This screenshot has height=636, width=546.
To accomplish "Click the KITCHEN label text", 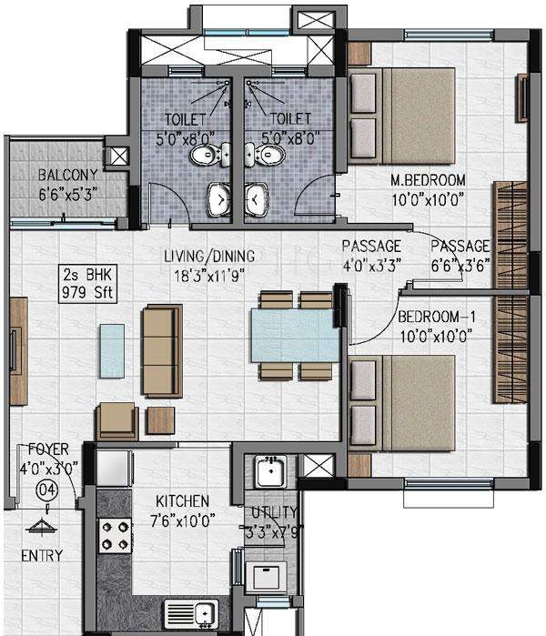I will click(180, 501).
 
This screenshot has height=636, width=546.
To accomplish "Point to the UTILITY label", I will click(268, 514).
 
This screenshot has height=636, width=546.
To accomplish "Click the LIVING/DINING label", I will click(204, 256).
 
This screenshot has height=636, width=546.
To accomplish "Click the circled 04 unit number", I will click(43, 490).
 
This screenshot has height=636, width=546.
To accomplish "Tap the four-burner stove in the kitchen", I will click(116, 534).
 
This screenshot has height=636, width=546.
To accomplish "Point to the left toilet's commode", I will click(205, 156).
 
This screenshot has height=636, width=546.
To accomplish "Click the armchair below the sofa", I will click(117, 419).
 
